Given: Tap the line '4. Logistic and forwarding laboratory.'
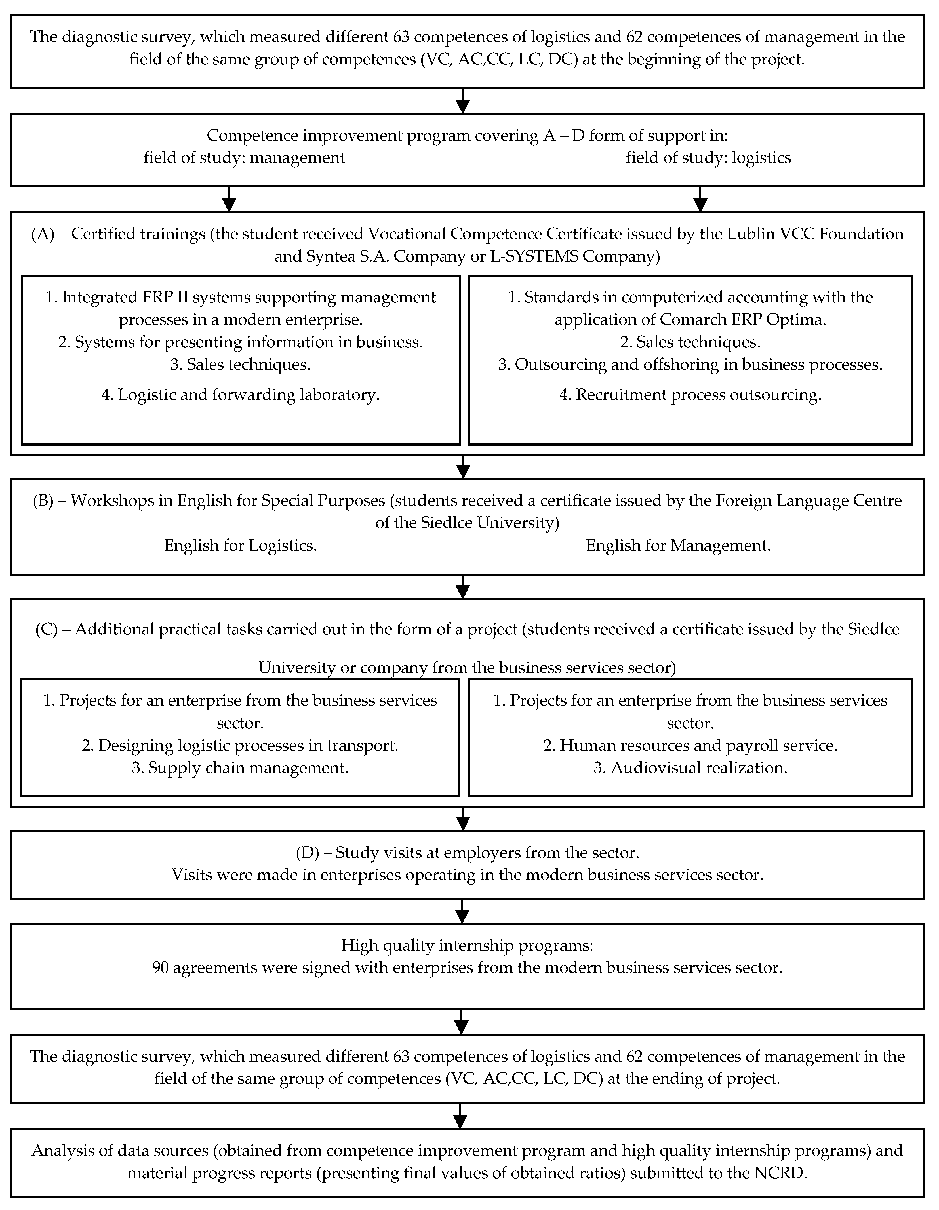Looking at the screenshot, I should pos(241,395).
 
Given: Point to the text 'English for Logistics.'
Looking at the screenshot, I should pos(241,546).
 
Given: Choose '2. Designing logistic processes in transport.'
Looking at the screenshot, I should pos(241,746).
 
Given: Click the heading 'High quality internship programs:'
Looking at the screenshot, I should pos(467,945).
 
